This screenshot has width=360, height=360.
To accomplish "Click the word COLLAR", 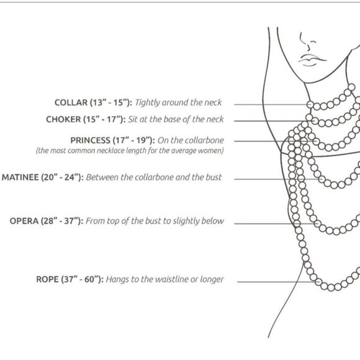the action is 71,102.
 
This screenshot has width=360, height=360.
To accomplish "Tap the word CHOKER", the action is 63,119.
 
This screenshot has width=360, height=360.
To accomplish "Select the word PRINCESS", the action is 90,140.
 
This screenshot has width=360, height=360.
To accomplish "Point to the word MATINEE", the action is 20,178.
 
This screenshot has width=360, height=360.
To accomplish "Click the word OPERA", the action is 24,221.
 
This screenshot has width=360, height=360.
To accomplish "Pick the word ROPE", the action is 47,279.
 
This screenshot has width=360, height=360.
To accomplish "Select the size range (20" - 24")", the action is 62,178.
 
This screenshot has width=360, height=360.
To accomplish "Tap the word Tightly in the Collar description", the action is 147,102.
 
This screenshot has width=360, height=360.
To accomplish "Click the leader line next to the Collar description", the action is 271,104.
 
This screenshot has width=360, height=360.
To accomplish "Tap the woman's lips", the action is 312,60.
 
